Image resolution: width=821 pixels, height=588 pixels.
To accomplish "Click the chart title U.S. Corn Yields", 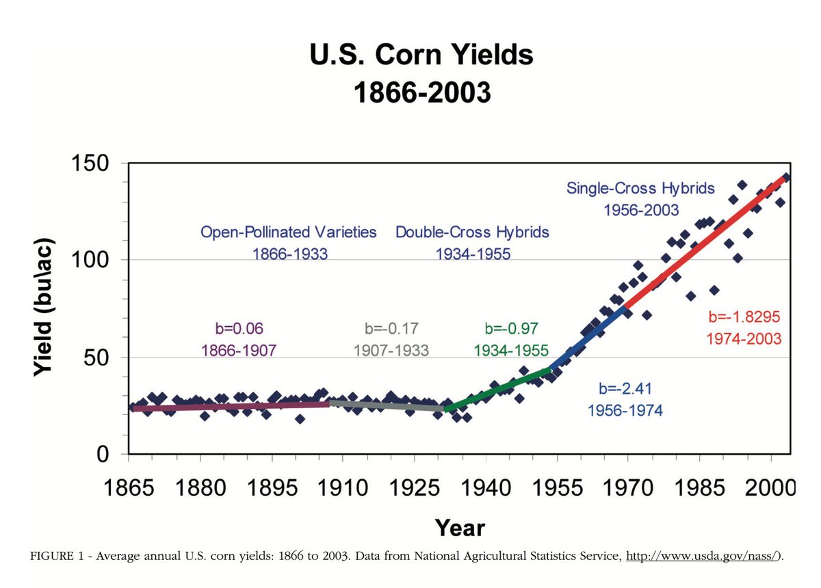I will tap(421, 55).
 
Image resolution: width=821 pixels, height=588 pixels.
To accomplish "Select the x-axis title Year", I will tap(460, 528).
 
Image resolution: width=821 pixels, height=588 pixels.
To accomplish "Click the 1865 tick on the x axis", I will tap(129, 490).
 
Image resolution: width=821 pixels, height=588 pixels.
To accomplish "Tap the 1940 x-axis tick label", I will tap(486, 490).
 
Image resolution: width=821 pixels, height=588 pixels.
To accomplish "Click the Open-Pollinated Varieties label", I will tap(289, 232).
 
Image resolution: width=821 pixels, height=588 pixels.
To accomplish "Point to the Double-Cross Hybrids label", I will tap(472, 232).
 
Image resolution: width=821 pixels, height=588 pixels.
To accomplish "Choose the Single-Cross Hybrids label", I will tap(640, 188).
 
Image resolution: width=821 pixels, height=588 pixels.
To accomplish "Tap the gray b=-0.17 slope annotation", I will tap(391, 328).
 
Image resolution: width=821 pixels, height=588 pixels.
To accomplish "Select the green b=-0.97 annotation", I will tap(510, 328).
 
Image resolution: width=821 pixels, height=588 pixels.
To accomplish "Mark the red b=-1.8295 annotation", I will tap(744, 317).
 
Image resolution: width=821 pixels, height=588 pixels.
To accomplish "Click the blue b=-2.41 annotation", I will tap(625, 389).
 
